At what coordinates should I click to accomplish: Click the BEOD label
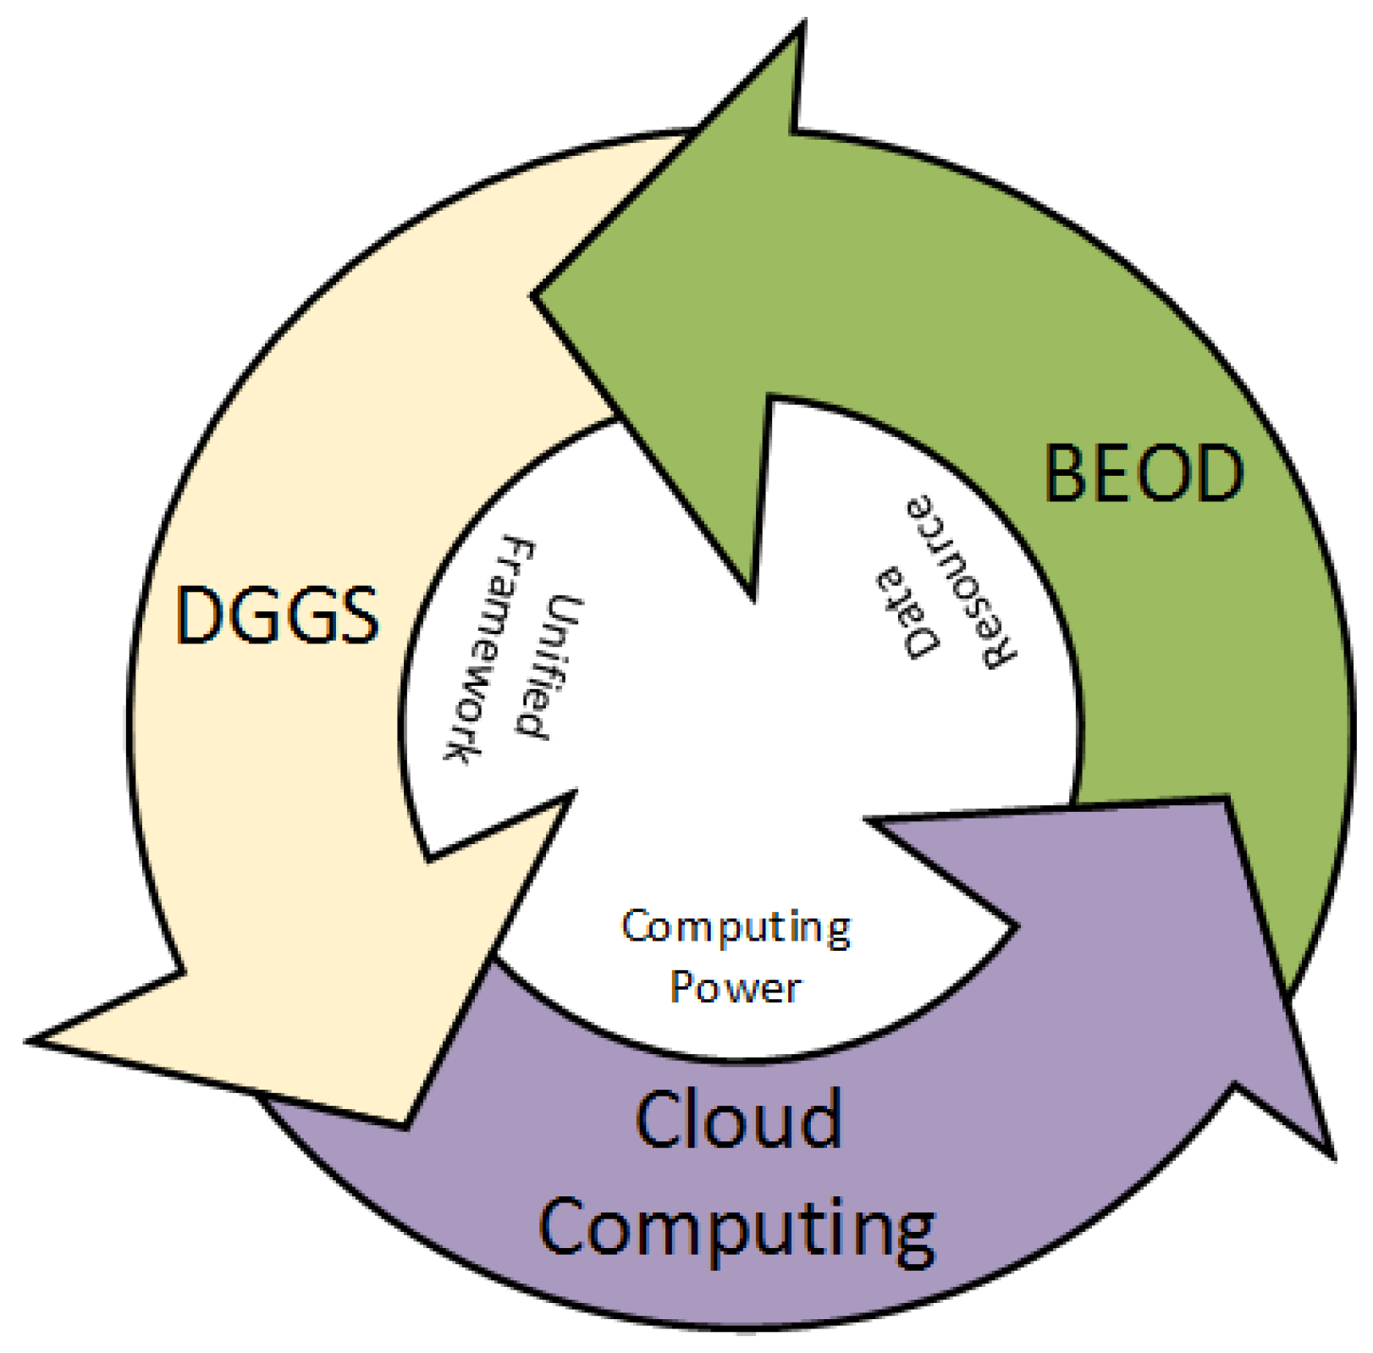(x=1144, y=472)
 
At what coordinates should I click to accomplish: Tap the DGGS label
(x=277, y=616)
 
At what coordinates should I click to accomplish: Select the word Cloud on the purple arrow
(x=738, y=1119)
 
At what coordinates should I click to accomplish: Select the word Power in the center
(x=735, y=987)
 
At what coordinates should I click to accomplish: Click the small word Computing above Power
(x=736, y=927)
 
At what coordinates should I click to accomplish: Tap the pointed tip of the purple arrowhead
(x=1332, y=1157)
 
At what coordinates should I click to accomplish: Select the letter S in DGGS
(x=355, y=616)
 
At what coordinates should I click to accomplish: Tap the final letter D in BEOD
(x=1217, y=472)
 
